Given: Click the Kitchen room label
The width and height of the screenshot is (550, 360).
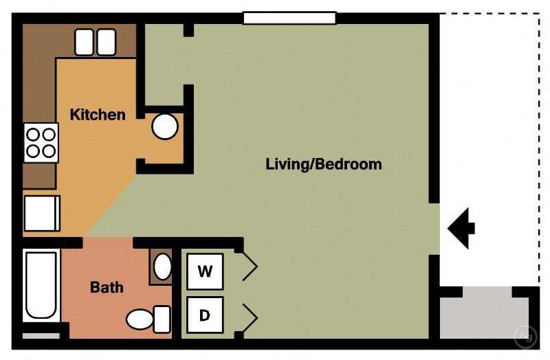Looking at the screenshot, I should coord(98,115).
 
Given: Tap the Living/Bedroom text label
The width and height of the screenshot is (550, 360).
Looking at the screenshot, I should coord(323,165).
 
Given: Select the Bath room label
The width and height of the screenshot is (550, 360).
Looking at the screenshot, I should coord(107,287).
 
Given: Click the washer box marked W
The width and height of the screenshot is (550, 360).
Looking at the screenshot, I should coord(205,271).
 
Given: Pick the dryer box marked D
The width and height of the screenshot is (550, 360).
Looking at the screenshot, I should coord(205,315).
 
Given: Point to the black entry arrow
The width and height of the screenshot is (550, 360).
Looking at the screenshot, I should coord(461,227).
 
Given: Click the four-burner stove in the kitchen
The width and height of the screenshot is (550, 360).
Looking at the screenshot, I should coord(41,142).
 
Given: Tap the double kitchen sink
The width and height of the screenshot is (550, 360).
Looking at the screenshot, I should coord(95,43).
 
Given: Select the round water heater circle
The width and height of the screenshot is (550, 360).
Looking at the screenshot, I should coord(164,126).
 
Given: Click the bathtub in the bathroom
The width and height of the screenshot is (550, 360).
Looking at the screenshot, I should coord(41,285).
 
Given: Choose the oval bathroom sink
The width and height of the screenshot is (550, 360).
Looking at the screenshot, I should coord(162,266).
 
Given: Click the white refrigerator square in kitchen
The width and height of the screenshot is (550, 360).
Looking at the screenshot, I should coord(42,213).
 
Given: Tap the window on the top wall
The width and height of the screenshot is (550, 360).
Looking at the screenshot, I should coord(289,18).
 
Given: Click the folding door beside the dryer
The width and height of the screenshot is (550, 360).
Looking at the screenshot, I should coord(248,317).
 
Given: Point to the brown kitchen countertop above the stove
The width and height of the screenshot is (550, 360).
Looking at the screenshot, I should coord(38,82).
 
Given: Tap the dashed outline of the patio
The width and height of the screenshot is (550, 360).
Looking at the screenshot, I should coord(538,137).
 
